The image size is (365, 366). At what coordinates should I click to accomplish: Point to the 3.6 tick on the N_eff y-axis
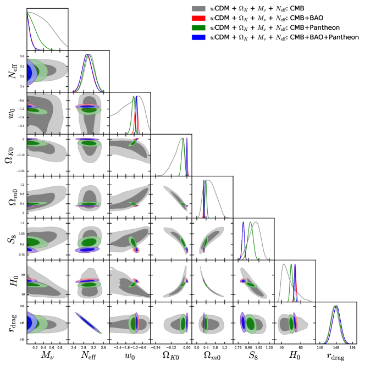pos(21,56)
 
